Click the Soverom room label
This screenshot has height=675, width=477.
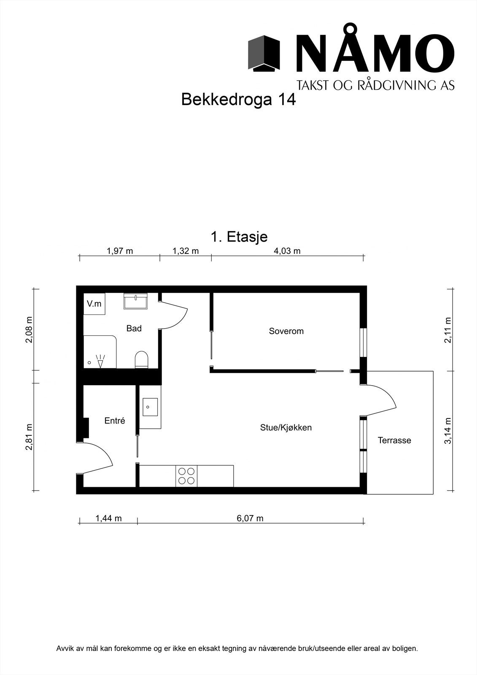[286, 331]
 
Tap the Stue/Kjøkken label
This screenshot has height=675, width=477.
[286, 428]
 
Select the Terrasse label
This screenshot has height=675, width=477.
[394, 440]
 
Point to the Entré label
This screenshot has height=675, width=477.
[115, 421]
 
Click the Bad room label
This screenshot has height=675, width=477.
[134, 328]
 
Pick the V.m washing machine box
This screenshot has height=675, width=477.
[94, 304]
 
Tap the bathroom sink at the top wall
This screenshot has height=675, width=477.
[136, 302]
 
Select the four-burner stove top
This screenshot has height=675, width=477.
[186, 476]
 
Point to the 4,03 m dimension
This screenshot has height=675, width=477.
[287, 251]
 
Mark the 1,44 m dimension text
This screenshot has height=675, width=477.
[108, 518]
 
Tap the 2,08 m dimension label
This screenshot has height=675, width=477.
[29, 329]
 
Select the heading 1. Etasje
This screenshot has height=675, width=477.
[239, 237]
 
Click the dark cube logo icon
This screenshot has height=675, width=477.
[264, 53]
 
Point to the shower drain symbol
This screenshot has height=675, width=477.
[89, 363]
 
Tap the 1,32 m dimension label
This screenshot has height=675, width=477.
[186, 251]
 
